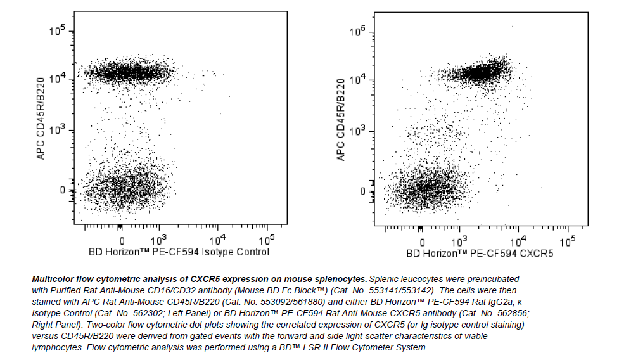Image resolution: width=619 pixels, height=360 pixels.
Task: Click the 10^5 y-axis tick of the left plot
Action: tap(58, 32)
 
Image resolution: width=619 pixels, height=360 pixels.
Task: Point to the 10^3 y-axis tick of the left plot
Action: tap(58, 130)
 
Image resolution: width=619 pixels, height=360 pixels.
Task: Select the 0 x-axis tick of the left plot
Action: tap(122, 241)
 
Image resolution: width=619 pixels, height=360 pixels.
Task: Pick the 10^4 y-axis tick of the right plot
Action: tap(359, 79)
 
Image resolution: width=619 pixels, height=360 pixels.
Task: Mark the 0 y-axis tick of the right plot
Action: tap(362, 191)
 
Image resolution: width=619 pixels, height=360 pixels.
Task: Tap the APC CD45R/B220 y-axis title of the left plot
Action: tap(41, 117)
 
